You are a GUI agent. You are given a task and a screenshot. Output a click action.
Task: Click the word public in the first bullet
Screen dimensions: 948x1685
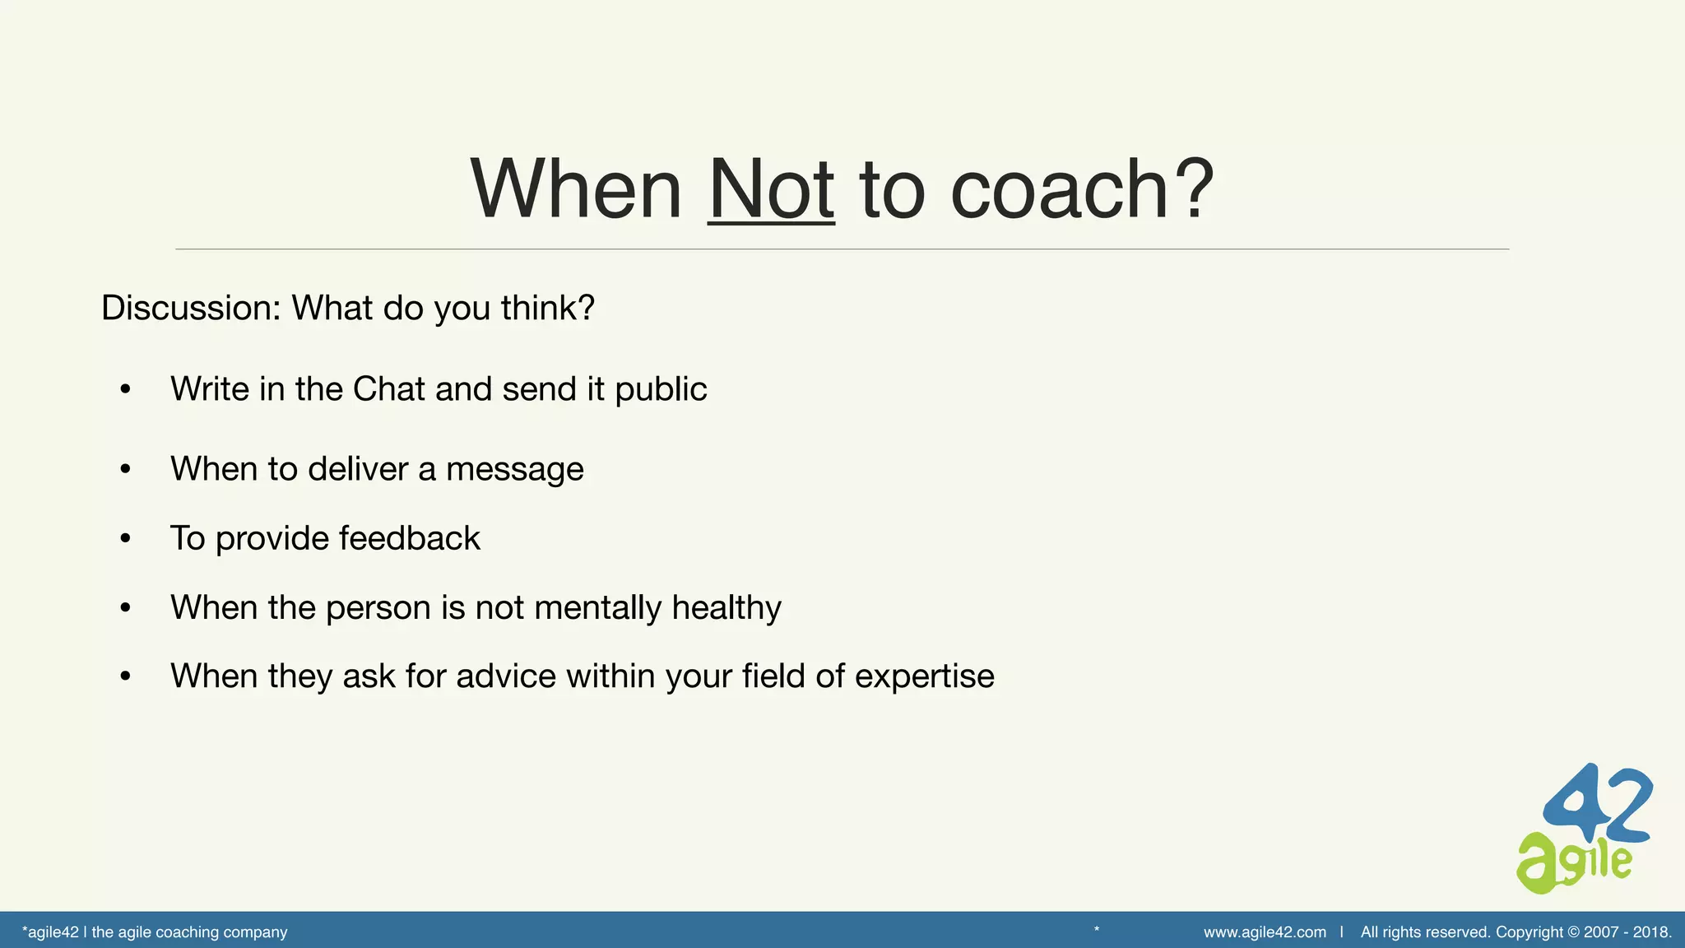point(661,390)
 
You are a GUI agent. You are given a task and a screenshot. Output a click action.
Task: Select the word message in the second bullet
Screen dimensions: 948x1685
point(514,470)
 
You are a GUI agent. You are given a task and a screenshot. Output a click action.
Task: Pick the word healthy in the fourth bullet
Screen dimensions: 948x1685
point(726,608)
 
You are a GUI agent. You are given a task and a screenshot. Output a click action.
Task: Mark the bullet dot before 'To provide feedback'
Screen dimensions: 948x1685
point(125,539)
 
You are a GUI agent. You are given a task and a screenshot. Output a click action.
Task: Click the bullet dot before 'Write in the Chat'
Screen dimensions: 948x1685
point(125,389)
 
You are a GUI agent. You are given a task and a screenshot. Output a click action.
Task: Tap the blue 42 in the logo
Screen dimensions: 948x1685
point(1599,804)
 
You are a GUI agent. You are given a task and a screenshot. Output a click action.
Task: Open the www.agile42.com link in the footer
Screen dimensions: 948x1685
point(1265,932)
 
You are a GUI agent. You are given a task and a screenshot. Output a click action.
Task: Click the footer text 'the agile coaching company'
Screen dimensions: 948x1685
point(189,932)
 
